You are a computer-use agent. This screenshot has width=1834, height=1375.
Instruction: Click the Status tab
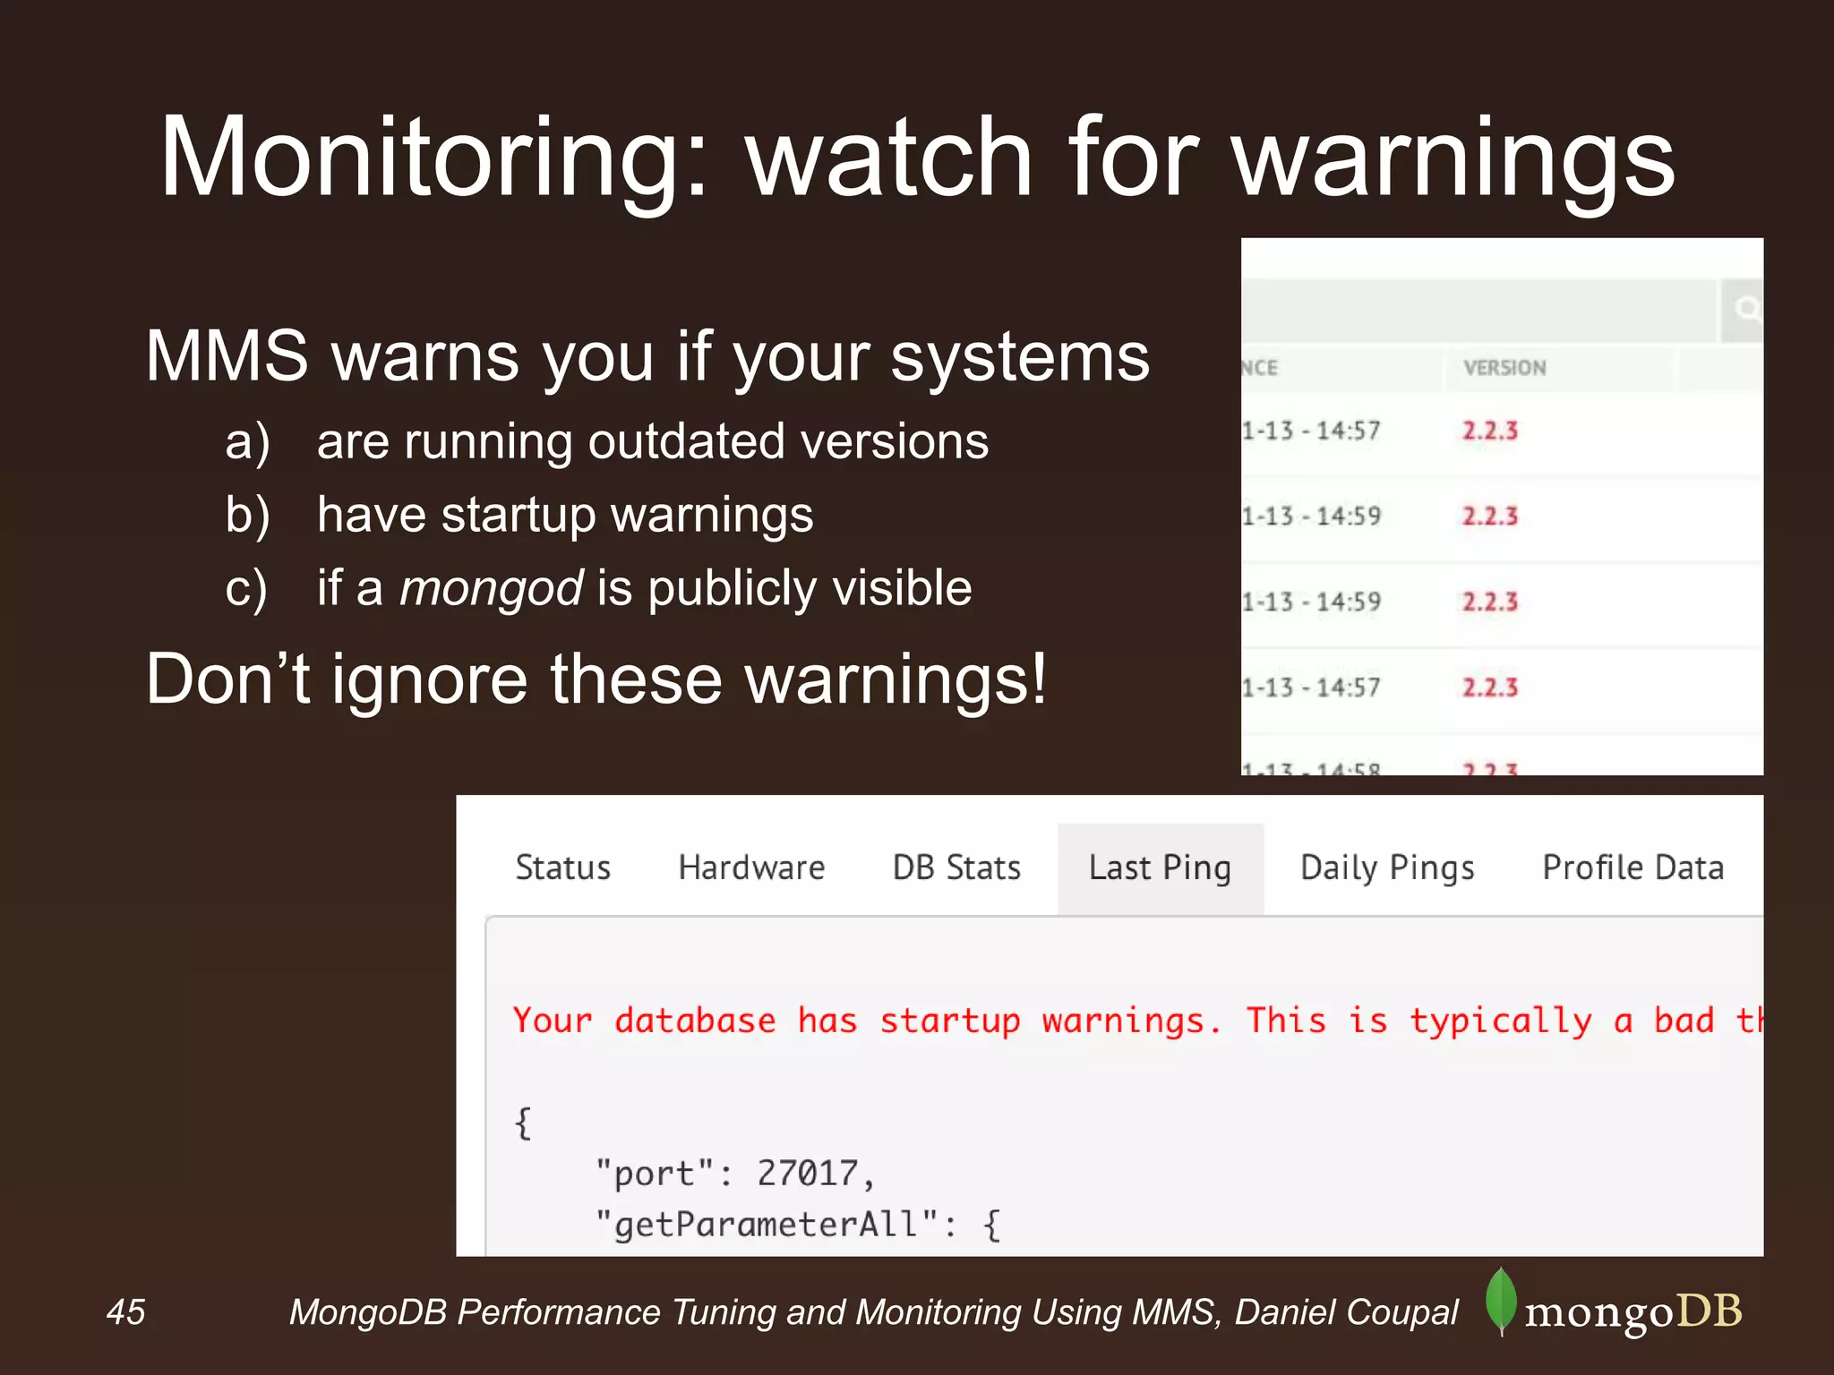pos(562,867)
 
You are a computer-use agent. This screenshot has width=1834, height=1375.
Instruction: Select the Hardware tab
pos(751,867)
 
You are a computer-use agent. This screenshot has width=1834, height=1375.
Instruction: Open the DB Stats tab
pos(956,867)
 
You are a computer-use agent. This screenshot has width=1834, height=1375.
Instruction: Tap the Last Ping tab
pos(1160,868)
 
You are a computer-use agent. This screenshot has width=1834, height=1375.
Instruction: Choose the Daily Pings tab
pos(1387,868)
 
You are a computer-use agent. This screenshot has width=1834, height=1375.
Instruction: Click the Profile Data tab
pos(1633,867)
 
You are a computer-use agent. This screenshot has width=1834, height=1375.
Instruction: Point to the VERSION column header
pos(1504,368)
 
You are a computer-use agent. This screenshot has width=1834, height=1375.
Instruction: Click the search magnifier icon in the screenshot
pos(1745,310)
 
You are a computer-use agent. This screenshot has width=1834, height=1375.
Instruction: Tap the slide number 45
pos(125,1312)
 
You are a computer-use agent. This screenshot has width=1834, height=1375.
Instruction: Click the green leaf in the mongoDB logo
pos(1501,1301)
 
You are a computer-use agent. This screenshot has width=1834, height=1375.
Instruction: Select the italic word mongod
pos(492,588)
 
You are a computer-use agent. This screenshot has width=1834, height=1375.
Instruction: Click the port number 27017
pos(808,1173)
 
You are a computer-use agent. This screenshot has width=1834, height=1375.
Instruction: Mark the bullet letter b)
pos(247,516)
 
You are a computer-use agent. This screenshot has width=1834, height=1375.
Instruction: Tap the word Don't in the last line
pos(227,679)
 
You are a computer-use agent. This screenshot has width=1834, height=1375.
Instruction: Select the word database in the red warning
pos(695,1021)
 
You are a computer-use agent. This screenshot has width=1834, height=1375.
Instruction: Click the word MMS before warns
pos(226,356)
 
